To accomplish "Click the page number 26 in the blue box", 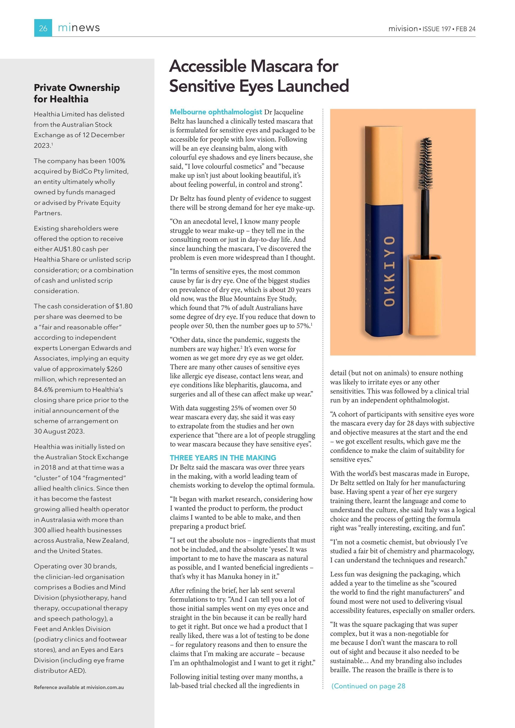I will [43, 28].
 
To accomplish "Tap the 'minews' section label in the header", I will [79, 28].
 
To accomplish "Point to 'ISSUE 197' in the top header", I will [437, 29].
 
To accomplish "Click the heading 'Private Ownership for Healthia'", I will [77, 93].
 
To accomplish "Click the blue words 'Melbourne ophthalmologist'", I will [216, 112].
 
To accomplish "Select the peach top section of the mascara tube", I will [383, 165].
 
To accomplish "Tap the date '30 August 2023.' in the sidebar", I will [59, 431].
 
